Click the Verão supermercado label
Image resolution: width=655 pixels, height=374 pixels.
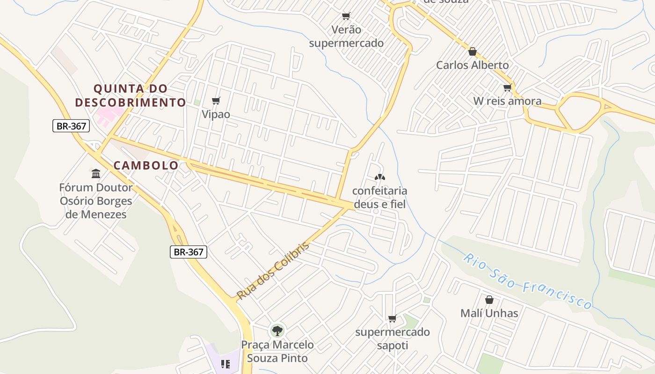(346, 36)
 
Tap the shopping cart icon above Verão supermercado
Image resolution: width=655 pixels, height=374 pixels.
(346, 16)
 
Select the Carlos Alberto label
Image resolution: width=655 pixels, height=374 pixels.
(472, 65)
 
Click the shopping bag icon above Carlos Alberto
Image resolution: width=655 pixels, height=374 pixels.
(472, 51)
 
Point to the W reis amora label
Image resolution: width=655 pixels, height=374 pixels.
(507, 101)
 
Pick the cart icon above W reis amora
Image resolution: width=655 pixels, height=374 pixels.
(507, 87)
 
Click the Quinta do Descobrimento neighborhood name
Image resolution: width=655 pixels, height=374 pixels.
(131, 95)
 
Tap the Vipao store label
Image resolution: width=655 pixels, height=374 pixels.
(216, 114)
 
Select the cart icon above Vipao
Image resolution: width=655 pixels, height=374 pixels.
(216, 101)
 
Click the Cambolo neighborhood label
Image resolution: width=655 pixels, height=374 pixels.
(146, 165)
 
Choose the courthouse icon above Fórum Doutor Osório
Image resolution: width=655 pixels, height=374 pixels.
(96, 174)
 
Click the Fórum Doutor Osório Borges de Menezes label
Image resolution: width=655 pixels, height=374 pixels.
(96, 201)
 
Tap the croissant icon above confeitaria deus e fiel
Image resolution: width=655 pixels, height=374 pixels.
(379, 177)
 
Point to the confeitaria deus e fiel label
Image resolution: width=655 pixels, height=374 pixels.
(379, 197)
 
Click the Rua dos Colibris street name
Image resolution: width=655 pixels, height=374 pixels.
(273, 271)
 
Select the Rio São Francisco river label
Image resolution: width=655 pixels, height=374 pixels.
(529, 282)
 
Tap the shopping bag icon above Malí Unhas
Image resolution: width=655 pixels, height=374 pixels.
(489, 299)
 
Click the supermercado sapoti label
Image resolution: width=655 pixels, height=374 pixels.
(392, 338)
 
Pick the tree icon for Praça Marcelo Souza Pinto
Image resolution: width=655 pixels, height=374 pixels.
(277, 331)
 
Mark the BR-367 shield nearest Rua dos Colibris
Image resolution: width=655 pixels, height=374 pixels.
(188, 252)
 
